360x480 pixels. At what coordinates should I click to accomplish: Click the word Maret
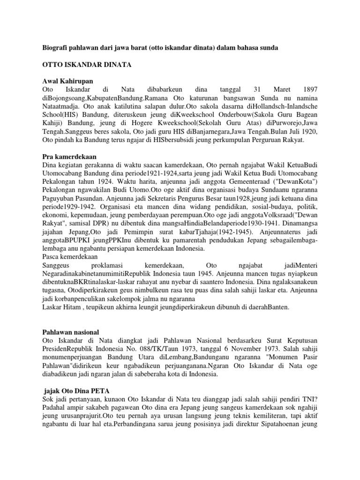(275, 89)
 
